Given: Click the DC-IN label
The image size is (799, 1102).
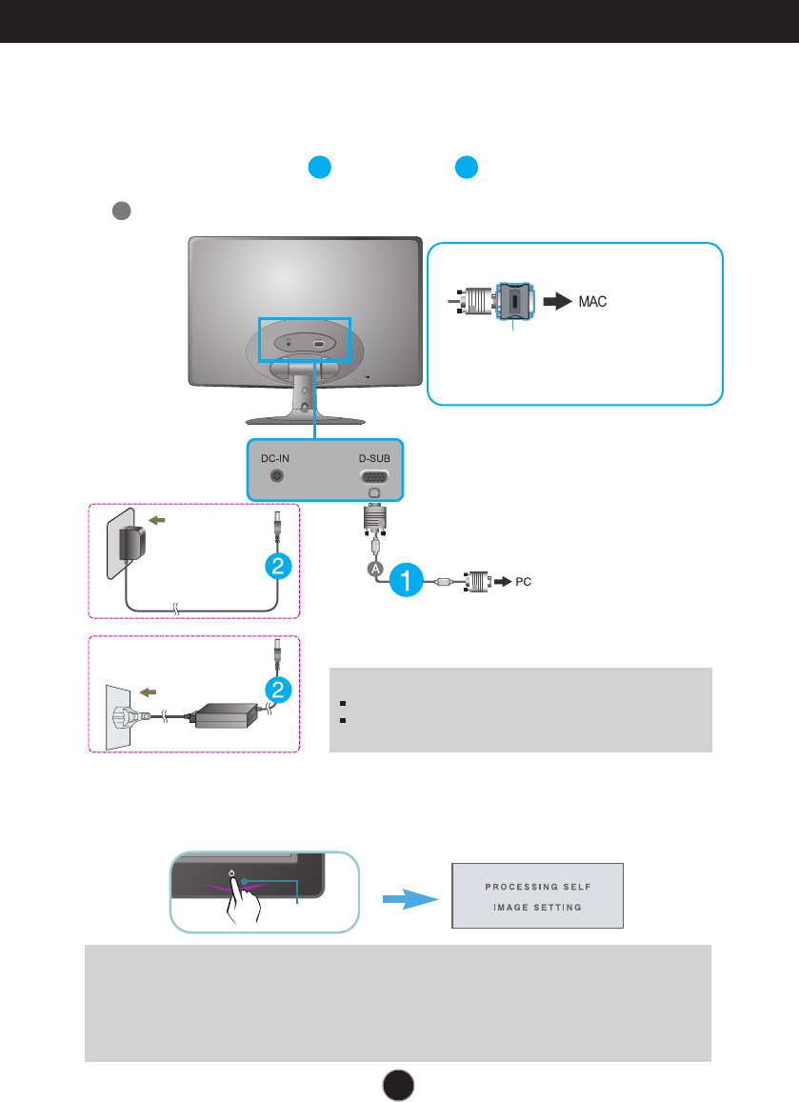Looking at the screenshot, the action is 275,458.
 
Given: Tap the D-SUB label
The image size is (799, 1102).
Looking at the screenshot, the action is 374,458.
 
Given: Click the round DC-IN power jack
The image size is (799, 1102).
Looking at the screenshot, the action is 277,476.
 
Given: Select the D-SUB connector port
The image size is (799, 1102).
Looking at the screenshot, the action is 374,476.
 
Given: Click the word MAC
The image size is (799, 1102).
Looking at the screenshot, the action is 592,302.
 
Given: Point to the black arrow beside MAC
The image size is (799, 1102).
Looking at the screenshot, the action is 558,302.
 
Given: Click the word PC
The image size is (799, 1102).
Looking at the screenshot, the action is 523,582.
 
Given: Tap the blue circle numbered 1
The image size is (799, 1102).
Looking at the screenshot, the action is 407,580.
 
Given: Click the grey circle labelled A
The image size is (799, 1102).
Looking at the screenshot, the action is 376,569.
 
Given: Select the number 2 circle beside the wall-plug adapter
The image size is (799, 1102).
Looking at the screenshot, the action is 278,566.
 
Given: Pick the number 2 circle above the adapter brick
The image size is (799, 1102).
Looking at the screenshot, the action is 278,690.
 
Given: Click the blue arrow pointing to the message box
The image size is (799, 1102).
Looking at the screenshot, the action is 410,899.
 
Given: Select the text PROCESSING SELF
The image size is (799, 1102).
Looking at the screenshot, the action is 537,887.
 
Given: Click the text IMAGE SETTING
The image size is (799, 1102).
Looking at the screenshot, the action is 537,908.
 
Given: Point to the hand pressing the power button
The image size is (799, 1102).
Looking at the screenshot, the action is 242,902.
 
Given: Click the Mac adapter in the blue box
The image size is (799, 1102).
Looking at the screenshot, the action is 514,302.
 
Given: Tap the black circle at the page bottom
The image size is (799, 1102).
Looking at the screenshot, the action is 398,1085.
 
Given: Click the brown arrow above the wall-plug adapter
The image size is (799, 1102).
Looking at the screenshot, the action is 157,521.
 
